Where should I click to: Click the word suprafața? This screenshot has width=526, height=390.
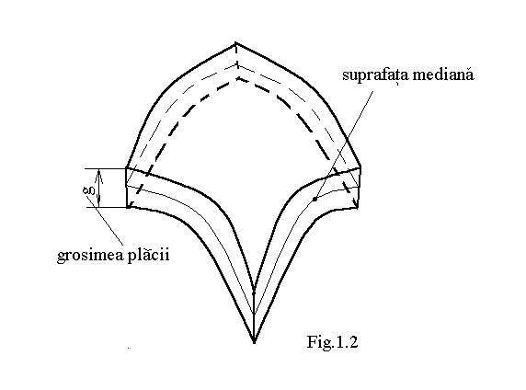375,75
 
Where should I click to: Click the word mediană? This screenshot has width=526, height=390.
443,74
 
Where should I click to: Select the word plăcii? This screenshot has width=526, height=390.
148,254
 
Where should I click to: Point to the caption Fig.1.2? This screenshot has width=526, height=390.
333,342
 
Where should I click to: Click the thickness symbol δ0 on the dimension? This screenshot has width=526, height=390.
89,191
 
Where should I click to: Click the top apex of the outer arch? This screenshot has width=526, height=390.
235,43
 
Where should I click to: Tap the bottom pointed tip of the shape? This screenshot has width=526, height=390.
254,342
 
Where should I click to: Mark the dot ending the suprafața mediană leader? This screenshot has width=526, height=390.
314,199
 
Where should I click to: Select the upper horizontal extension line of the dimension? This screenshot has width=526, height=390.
105,168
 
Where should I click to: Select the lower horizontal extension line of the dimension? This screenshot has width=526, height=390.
105,207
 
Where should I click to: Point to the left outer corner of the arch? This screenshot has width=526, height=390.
126,167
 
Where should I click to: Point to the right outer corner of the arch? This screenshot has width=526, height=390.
360,166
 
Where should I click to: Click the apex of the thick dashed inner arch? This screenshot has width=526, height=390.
237,78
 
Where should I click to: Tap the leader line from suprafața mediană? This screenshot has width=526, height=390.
344,144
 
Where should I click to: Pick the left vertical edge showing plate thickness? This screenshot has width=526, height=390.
127,188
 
